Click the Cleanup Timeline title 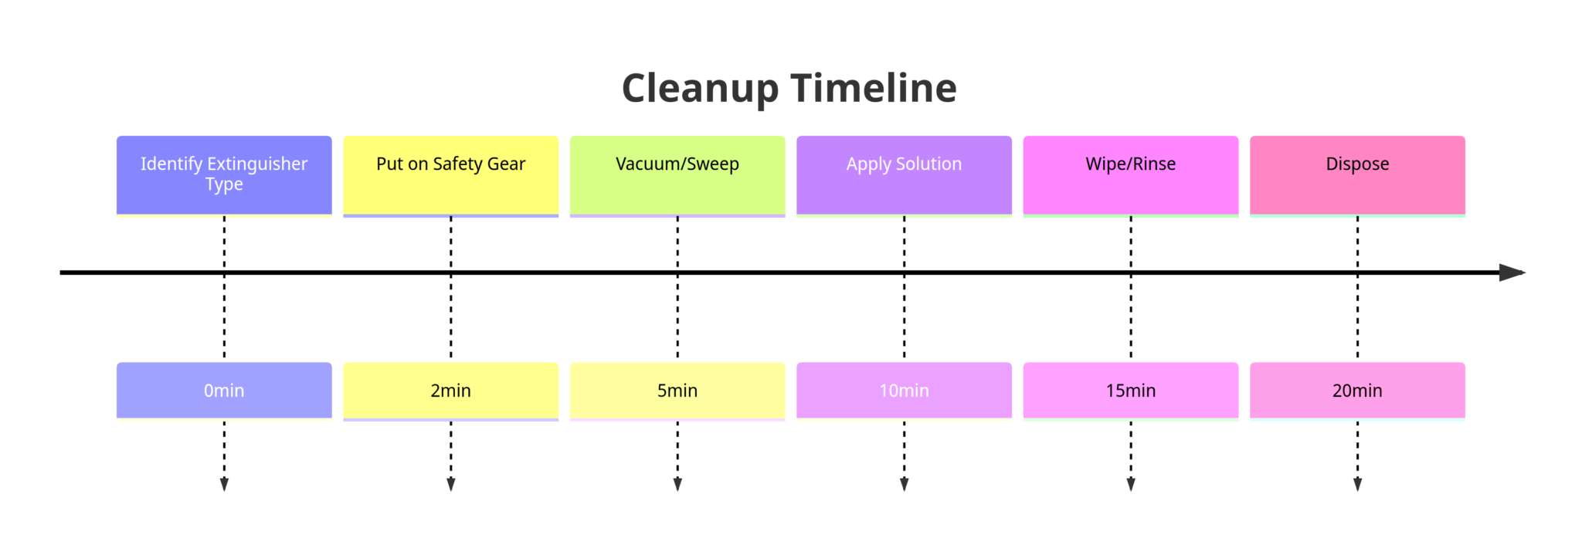tap(789, 88)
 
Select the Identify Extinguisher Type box tap(224, 175)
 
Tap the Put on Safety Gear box tap(451, 175)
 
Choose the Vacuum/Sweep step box tap(677, 175)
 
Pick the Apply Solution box tap(905, 175)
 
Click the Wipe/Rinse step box tap(1131, 175)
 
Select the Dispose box tap(1358, 175)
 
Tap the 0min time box tap(224, 391)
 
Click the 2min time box tap(451, 391)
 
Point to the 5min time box tap(677, 391)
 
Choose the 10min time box tap(905, 391)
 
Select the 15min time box tap(1131, 391)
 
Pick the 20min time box tap(1358, 391)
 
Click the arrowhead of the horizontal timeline tap(1512, 272)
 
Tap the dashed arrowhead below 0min tap(224, 484)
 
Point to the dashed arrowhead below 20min tap(1358, 484)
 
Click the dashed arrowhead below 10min tap(905, 484)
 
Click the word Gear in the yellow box tap(506, 164)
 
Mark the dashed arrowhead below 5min tap(677, 484)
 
